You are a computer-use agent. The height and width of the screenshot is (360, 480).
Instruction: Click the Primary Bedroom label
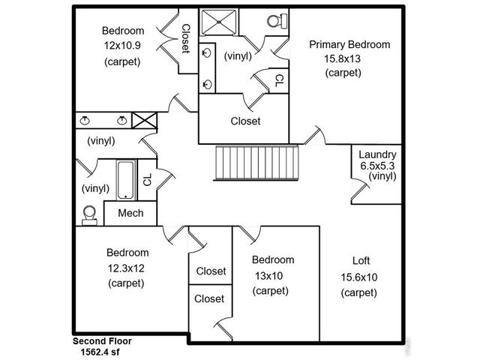click(349, 44)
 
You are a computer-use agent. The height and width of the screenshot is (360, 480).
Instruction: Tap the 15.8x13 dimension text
click(343, 58)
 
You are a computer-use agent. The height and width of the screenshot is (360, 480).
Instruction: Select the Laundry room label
click(376, 154)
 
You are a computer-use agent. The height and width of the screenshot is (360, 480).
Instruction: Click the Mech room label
click(130, 214)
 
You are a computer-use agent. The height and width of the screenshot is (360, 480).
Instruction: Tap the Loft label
click(361, 261)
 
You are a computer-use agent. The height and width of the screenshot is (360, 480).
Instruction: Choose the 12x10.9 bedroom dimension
click(122, 45)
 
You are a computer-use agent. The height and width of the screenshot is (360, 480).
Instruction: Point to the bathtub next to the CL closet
click(126, 180)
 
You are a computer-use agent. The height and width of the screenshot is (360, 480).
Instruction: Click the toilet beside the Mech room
click(89, 214)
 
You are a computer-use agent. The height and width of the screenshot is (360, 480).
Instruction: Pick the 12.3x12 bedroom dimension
click(127, 268)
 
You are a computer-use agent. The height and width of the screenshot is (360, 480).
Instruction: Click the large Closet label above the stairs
click(245, 121)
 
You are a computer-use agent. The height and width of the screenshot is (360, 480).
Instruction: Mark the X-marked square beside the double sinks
click(142, 120)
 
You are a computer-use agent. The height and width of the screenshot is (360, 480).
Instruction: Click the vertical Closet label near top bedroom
click(185, 38)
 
